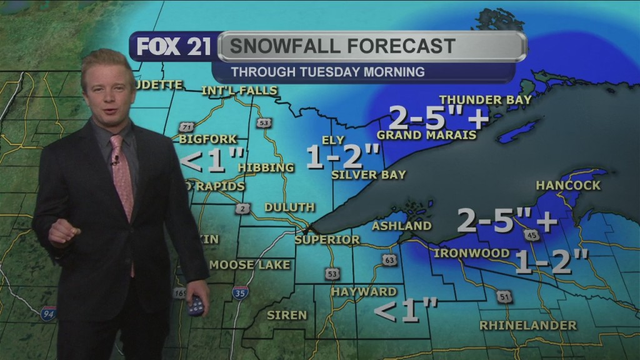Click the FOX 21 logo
pyautogui.click(x=173, y=47)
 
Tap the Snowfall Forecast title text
pyautogui.click(x=341, y=46)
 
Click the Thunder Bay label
pyautogui.click(x=486, y=99)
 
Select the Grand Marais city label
pyautogui.click(x=427, y=135)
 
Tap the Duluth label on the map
pyautogui.click(x=289, y=207)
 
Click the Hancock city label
pyautogui.click(x=568, y=185)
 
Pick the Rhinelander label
pyautogui.click(x=528, y=325)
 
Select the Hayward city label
pyautogui.click(x=364, y=291)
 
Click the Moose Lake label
pyautogui.click(x=250, y=264)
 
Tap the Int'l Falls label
pyautogui.click(x=239, y=91)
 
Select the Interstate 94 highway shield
pyautogui.click(x=48, y=313)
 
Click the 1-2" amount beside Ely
pyautogui.click(x=342, y=157)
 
